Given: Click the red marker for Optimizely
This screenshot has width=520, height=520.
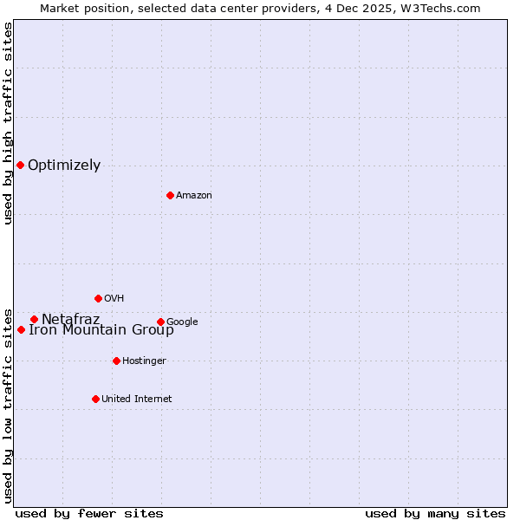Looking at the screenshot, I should tap(20, 165).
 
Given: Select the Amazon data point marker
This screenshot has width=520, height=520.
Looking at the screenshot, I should tap(170, 195).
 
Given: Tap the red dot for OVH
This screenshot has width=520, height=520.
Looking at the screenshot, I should tap(98, 298).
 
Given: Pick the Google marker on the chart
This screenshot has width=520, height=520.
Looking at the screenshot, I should tap(160, 322).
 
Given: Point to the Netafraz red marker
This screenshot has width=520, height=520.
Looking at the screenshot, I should tap(34, 319).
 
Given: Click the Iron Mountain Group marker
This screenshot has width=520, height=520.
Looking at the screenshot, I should tap(21, 329).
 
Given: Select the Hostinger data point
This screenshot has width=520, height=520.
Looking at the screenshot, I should tap(116, 361).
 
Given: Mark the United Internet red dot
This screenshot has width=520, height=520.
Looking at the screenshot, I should tap(95, 399).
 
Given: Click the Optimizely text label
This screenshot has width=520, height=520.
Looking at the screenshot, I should tap(64, 166).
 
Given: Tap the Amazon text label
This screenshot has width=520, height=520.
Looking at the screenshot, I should tap(193, 196).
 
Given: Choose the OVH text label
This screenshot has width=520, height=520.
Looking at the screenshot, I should tap(114, 299).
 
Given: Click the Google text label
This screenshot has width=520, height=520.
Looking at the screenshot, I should tap(182, 322).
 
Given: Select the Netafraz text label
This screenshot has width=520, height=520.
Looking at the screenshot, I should tap(70, 319).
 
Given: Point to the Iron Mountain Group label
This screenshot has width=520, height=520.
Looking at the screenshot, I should tap(101, 330).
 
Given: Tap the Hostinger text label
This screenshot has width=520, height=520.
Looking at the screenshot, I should tap(144, 361).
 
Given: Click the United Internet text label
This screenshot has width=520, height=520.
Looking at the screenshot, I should tap(136, 400).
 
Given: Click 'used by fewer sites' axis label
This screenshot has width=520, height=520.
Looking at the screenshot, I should tap(89, 513).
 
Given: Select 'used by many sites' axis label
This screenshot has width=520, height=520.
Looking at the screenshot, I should tap(435, 513).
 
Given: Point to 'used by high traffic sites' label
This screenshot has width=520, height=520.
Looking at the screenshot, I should tap(8, 123).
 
